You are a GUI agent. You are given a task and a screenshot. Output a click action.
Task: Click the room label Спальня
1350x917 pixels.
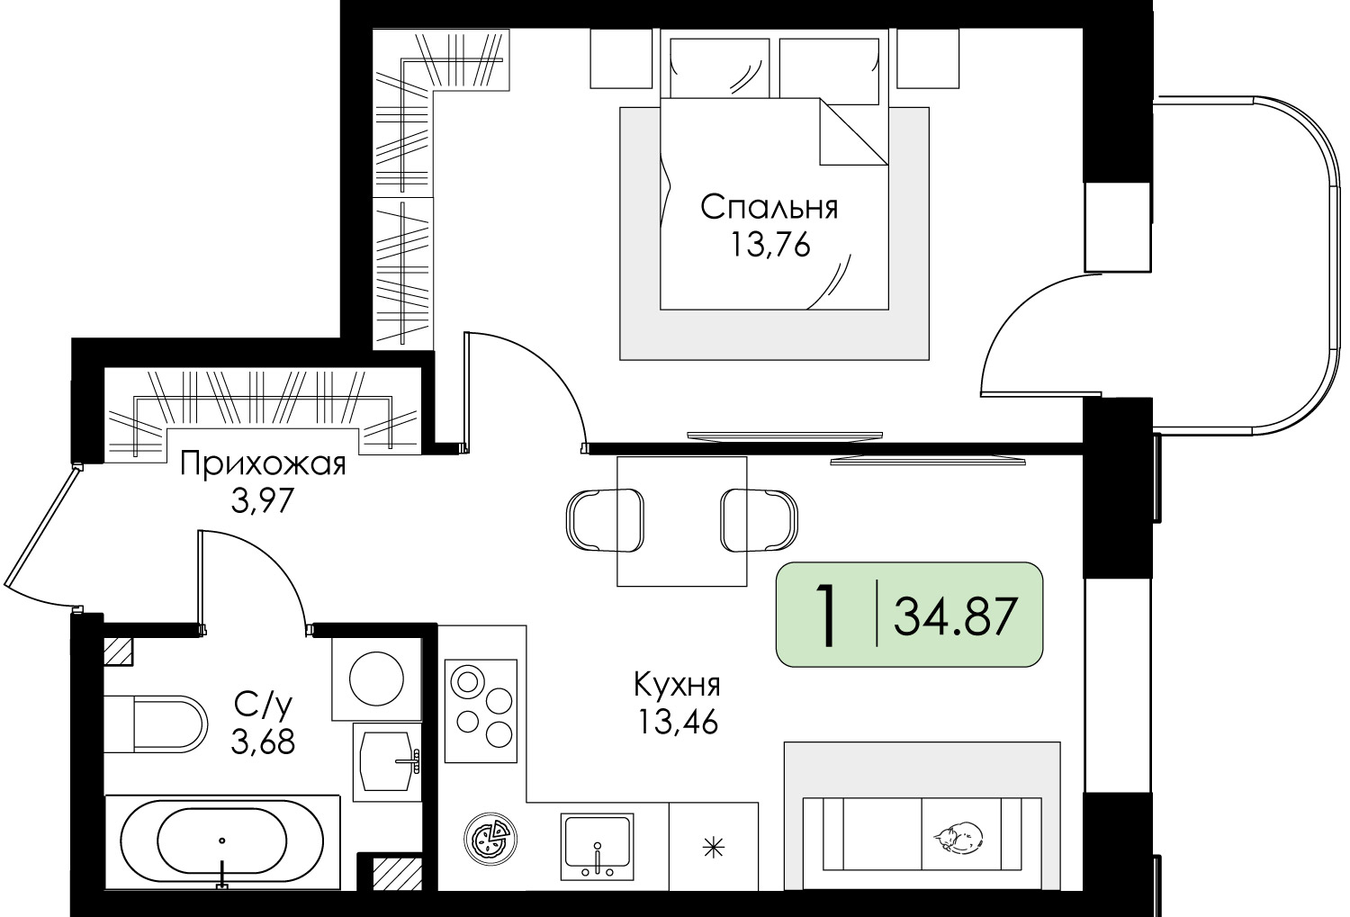pyautogui.click(x=769, y=207)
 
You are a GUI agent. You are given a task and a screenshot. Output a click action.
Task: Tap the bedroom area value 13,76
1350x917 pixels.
pyautogui.click(x=769, y=245)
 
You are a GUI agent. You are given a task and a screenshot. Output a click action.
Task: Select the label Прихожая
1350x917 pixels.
pyautogui.click(x=264, y=465)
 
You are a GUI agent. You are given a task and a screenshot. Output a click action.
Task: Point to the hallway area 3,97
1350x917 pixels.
pyautogui.click(x=262, y=500)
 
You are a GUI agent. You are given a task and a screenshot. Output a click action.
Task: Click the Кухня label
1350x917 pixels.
pyautogui.click(x=677, y=686)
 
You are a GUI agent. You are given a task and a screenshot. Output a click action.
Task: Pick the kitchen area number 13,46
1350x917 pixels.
pyautogui.click(x=678, y=722)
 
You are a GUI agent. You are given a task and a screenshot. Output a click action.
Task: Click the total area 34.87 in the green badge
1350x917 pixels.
pyautogui.click(x=956, y=616)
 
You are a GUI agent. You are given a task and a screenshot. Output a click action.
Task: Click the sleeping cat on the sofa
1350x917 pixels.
pyautogui.click(x=958, y=837)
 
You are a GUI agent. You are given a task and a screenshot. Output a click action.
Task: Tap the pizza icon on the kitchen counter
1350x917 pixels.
pyautogui.click(x=490, y=839)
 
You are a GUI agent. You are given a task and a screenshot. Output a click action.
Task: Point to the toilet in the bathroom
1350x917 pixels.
pyautogui.click(x=156, y=724)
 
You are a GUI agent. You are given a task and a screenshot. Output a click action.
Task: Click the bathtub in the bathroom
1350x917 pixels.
pyautogui.click(x=222, y=841)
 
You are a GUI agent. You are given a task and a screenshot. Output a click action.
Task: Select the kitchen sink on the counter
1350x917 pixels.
pyautogui.click(x=597, y=847)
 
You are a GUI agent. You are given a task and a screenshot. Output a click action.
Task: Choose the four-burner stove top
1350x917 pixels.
pyautogui.click(x=481, y=711)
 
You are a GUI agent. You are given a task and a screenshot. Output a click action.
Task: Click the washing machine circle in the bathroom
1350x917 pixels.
pyautogui.click(x=377, y=679)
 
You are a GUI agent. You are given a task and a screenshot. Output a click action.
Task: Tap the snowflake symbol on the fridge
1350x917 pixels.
pyautogui.click(x=714, y=849)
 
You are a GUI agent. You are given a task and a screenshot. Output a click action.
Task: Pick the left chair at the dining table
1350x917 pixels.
pyautogui.click(x=605, y=520)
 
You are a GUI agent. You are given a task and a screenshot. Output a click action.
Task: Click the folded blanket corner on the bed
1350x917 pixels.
pyautogui.click(x=853, y=132)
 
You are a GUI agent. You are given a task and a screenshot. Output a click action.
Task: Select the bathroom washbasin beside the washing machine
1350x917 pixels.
pyautogui.click(x=387, y=761)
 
